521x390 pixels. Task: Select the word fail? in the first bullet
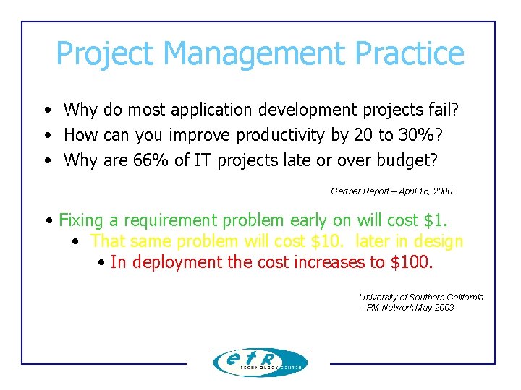tap(442, 110)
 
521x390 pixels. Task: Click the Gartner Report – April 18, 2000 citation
tap(391, 191)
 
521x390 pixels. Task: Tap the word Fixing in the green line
tap(80, 220)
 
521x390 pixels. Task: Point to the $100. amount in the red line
tap(412, 261)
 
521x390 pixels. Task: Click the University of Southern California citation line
tap(421, 298)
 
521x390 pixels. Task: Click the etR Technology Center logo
tap(260, 362)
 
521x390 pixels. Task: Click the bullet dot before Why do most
tap(46, 110)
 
